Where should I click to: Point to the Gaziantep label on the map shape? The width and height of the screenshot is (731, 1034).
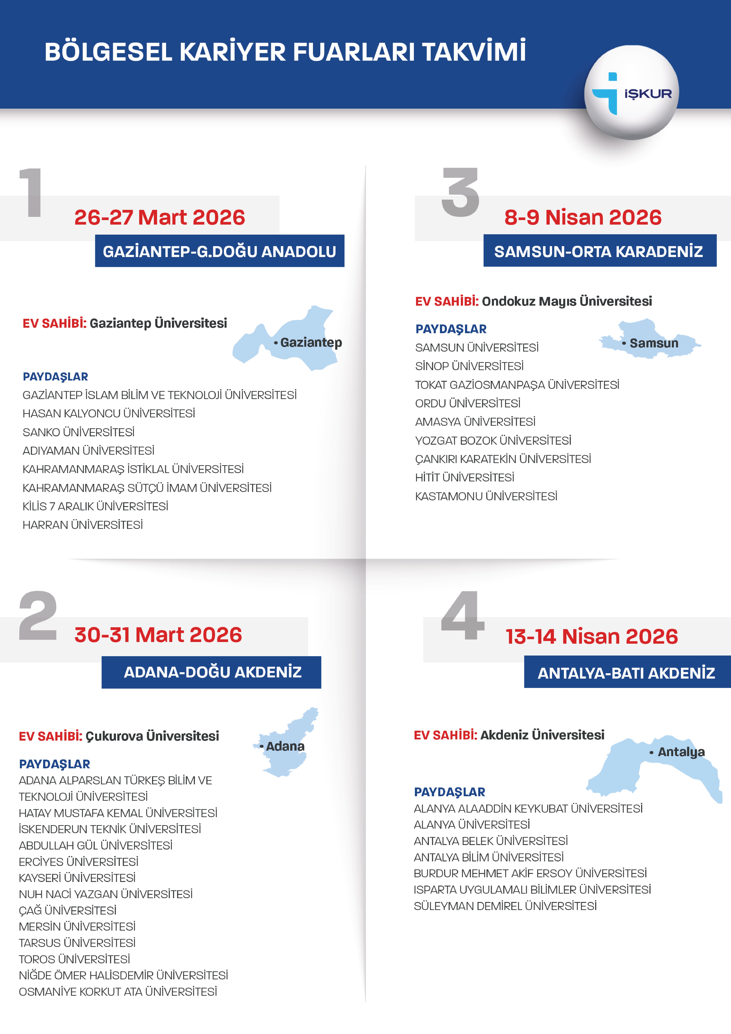click(311, 343)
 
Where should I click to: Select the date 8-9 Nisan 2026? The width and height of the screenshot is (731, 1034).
click(583, 218)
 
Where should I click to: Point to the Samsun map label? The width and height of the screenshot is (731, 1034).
click(653, 344)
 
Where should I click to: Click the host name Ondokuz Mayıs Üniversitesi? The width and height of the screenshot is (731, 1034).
click(567, 301)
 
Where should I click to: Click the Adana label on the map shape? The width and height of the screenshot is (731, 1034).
click(285, 747)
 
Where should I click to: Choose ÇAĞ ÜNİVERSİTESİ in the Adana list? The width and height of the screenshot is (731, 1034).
click(68, 911)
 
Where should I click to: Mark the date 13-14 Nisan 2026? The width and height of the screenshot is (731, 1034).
click(591, 637)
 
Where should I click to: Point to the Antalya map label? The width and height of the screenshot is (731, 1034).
click(681, 752)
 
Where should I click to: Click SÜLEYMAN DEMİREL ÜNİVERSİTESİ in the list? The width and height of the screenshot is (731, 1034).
click(505, 906)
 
